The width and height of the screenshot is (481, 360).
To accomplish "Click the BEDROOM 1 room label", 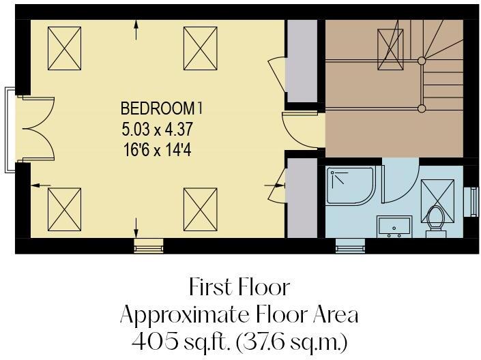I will coord(162,108).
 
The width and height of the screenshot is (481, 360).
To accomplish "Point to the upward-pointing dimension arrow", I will coord(137,27).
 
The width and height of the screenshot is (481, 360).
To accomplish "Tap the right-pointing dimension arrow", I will coord(279,184).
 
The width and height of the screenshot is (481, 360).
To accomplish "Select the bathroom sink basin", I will coord(394,224).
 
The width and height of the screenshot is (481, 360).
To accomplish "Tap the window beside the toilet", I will coord(470,202).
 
